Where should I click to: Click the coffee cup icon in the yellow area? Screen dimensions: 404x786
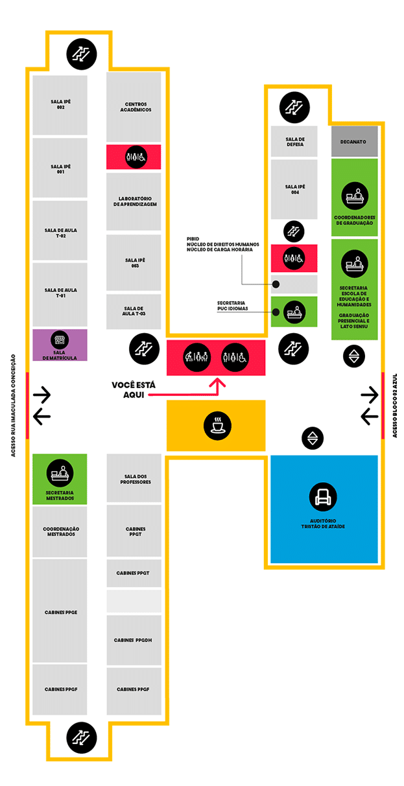pos(217,426)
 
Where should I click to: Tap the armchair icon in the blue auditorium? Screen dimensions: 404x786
pos(323,497)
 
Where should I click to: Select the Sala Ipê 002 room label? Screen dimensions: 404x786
pos(60,104)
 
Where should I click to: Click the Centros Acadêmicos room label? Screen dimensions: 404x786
pos(136,107)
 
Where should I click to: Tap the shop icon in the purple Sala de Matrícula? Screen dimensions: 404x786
pos(60,340)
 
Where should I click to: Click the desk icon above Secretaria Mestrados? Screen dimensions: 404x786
pos(60,473)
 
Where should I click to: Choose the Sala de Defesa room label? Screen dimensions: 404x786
pos(295,142)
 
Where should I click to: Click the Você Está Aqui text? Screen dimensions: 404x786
pos(134,390)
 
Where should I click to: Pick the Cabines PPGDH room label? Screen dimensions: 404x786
pos(133,640)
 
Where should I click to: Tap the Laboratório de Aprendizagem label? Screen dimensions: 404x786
pos(135,202)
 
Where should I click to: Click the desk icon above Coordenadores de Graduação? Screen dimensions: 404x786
pos(355,196)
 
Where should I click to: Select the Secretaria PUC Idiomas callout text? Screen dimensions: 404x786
pos(232,306)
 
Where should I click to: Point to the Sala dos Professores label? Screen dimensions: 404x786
pos(136,480)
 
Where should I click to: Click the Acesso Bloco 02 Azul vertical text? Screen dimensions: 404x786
pos(395,406)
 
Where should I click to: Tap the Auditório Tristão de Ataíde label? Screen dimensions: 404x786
pos(323,524)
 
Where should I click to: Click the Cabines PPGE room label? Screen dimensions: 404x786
pos(61,612)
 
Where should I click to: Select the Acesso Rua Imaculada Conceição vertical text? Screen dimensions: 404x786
pos(14,406)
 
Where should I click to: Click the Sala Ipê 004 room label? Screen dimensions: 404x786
pos(295,189)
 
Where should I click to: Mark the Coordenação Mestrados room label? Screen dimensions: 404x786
pos(61,531)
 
